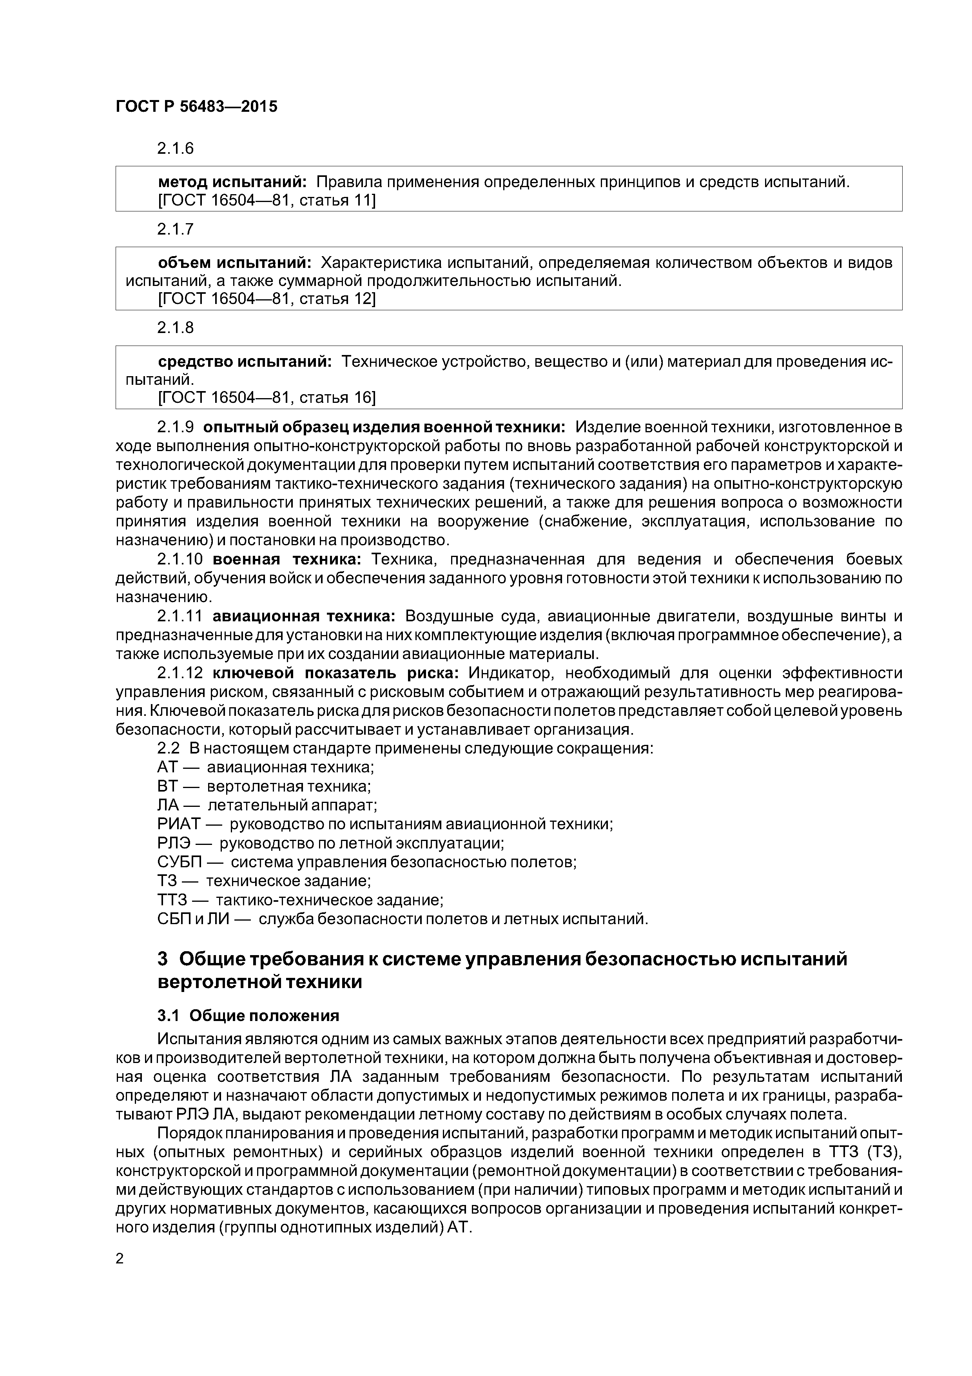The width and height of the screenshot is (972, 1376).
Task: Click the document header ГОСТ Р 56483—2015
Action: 196,107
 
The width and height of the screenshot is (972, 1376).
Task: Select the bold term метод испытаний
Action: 232,182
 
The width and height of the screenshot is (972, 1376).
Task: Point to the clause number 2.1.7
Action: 176,229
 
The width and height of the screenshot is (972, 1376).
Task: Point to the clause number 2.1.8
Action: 176,328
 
